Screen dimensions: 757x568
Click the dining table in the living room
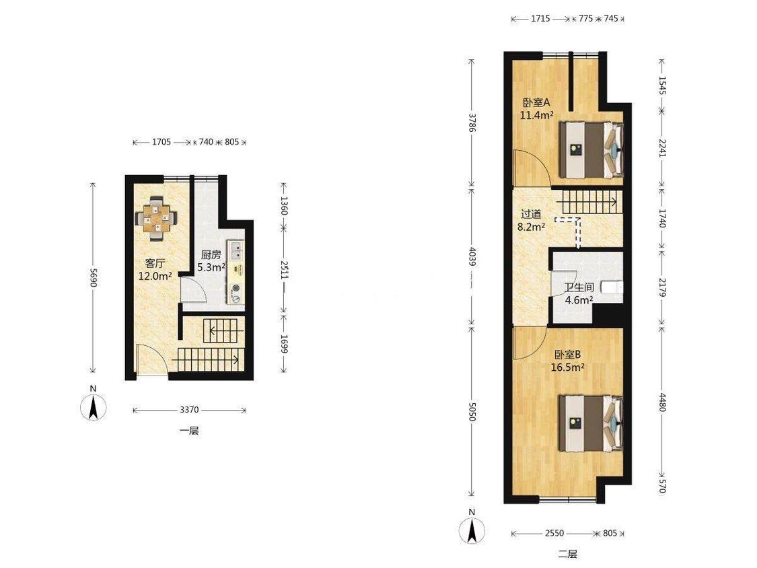[x=156, y=218]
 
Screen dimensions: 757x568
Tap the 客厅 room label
[x=155, y=264]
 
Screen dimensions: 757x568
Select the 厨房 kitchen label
[x=211, y=255]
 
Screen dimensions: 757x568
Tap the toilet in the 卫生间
[x=612, y=288]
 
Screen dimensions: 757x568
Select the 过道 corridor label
[x=531, y=214]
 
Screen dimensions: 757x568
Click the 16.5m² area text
[x=568, y=367]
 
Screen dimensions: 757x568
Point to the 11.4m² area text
[x=536, y=115]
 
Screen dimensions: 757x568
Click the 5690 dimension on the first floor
[x=94, y=278]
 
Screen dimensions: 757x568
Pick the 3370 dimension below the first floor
[x=189, y=410]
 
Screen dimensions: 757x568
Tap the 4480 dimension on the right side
[x=662, y=402]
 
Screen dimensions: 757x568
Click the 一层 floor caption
[x=189, y=431]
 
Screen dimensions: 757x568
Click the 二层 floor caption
[x=568, y=553]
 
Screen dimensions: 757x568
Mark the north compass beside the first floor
[x=94, y=408]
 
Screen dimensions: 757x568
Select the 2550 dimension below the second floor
[x=554, y=533]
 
